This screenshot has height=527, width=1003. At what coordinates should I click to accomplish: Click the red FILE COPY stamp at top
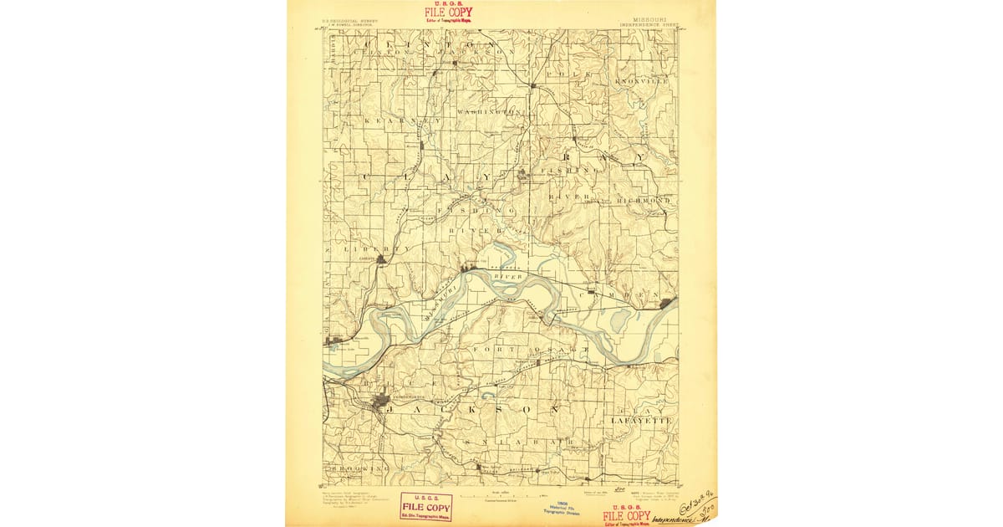point(448,12)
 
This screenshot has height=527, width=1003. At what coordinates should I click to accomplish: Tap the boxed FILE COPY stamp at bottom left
point(425,504)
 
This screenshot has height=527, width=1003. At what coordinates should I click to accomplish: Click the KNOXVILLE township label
point(642,81)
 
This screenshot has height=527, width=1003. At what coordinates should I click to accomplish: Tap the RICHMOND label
point(644,201)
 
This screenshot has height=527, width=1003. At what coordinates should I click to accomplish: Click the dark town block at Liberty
point(381,259)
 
